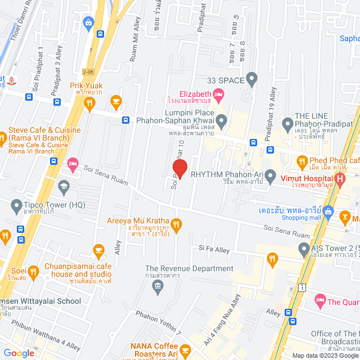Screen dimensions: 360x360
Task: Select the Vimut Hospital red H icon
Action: click(339, 180)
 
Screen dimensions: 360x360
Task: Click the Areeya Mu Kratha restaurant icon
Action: click(176, 225)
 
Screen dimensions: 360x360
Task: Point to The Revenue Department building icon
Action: click(157, 287)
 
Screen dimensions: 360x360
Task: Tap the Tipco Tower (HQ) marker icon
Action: click(16, 208)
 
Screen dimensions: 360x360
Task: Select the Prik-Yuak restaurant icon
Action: click(89, 103)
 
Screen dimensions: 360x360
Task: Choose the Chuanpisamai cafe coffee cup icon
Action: click(99, 249)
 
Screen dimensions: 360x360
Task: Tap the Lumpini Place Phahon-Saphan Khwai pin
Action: click(222, 120)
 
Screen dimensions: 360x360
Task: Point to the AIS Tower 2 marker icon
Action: click(304, 247)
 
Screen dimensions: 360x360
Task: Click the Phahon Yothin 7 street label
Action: click(159, 324)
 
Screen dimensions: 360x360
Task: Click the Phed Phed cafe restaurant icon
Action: click(302, 164)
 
